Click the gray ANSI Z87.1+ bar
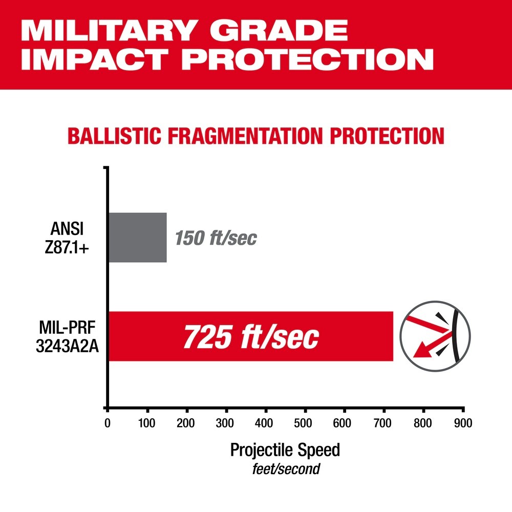pyautogui.click(x=137, y=237)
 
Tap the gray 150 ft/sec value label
pyautogui.click(x=216, y=238)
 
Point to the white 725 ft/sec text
pyautogui.click(x=251, y=337)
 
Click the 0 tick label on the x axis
pyautogui.click(x=107, y=423)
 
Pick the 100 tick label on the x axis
pyautogui.click(x=147, y=423)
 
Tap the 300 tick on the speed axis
pyautogui.click(x=226, y=423)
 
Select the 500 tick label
pyautogui.click(x=305, y=423)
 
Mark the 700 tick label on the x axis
pyautogui.click(x=383, y=423)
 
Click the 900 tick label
pyautogui.click(x=462, y=423)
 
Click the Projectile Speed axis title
pyautogui.click(x=285, y=451)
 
